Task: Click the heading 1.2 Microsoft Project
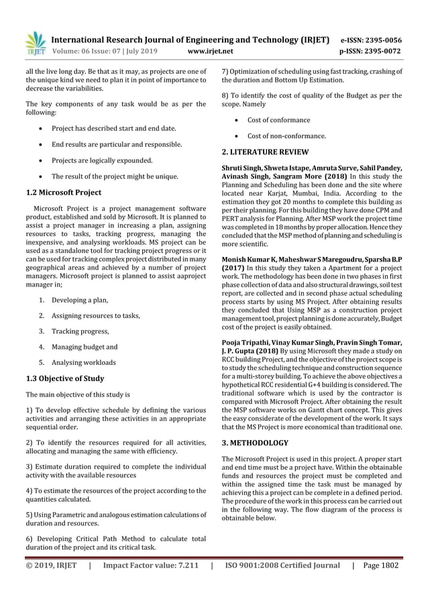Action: click(x=63, y=192)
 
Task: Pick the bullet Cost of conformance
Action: click(x=278, y=120)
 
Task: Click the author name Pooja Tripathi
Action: click(x=248, y=341)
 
